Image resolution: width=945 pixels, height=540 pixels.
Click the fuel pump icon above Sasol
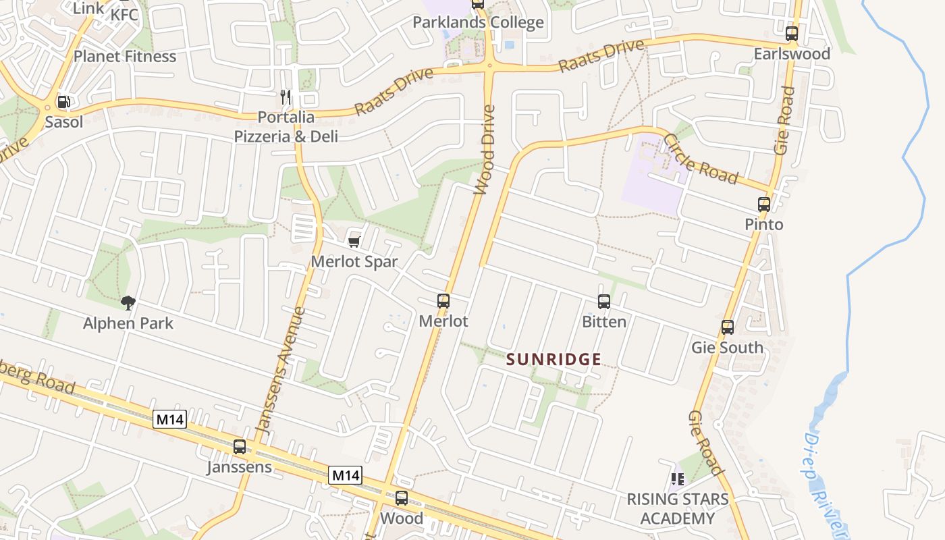pos(63,102)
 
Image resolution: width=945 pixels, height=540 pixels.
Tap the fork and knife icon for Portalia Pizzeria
pos(286,97)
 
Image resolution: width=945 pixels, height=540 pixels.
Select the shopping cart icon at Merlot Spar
pos(354,242)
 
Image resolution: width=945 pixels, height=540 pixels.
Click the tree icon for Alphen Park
pos(128,302)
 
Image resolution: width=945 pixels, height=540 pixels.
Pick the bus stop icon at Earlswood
pos(792,33)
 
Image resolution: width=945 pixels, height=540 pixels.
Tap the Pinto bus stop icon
pos(763,204)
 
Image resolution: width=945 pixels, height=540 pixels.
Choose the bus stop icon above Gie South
pos(727,327)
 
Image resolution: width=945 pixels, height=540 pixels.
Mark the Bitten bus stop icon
pos(604,302)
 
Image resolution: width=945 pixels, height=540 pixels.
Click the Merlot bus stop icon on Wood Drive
pos(443,301)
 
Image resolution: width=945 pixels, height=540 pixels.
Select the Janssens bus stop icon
pos(240,446)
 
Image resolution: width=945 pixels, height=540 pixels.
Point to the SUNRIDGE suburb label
pos(553,359)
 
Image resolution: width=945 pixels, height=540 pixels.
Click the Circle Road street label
pos(701,159)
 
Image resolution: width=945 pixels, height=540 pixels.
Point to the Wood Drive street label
pos(485,150)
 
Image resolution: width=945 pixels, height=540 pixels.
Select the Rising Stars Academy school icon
pos(678,479)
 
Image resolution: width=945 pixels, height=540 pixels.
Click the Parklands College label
pos(478,22)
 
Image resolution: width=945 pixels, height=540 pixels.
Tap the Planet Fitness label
pos(125,56)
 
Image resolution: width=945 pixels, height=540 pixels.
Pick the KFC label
pos(124,14)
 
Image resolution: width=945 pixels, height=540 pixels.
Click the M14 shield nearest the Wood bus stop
pos(346,475)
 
